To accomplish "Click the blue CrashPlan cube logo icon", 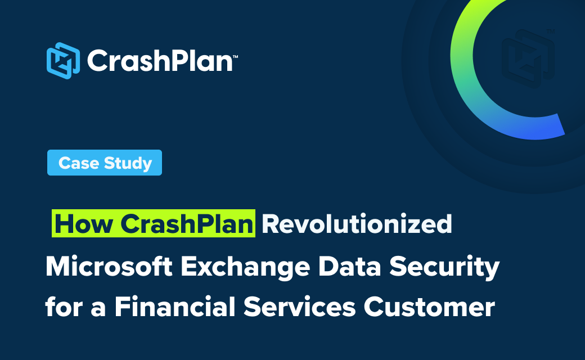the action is (63, 61).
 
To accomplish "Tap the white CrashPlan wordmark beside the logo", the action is (160, 61).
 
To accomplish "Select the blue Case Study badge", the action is (105, 163).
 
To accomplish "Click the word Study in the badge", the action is (128, 163).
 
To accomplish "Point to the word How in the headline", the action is (84, 224).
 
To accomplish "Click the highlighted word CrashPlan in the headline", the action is (187, 224).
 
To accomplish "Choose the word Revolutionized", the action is (357, 224).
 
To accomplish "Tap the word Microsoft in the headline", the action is (109, 266).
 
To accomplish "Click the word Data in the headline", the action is (349, 266).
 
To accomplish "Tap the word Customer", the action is (429, 307).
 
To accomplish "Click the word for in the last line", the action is (64, 307).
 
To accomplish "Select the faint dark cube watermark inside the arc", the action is (528, 59).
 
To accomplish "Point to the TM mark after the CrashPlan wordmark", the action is (236, 57).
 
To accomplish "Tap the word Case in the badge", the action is (79, 163).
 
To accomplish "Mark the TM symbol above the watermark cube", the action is (551, 31).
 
